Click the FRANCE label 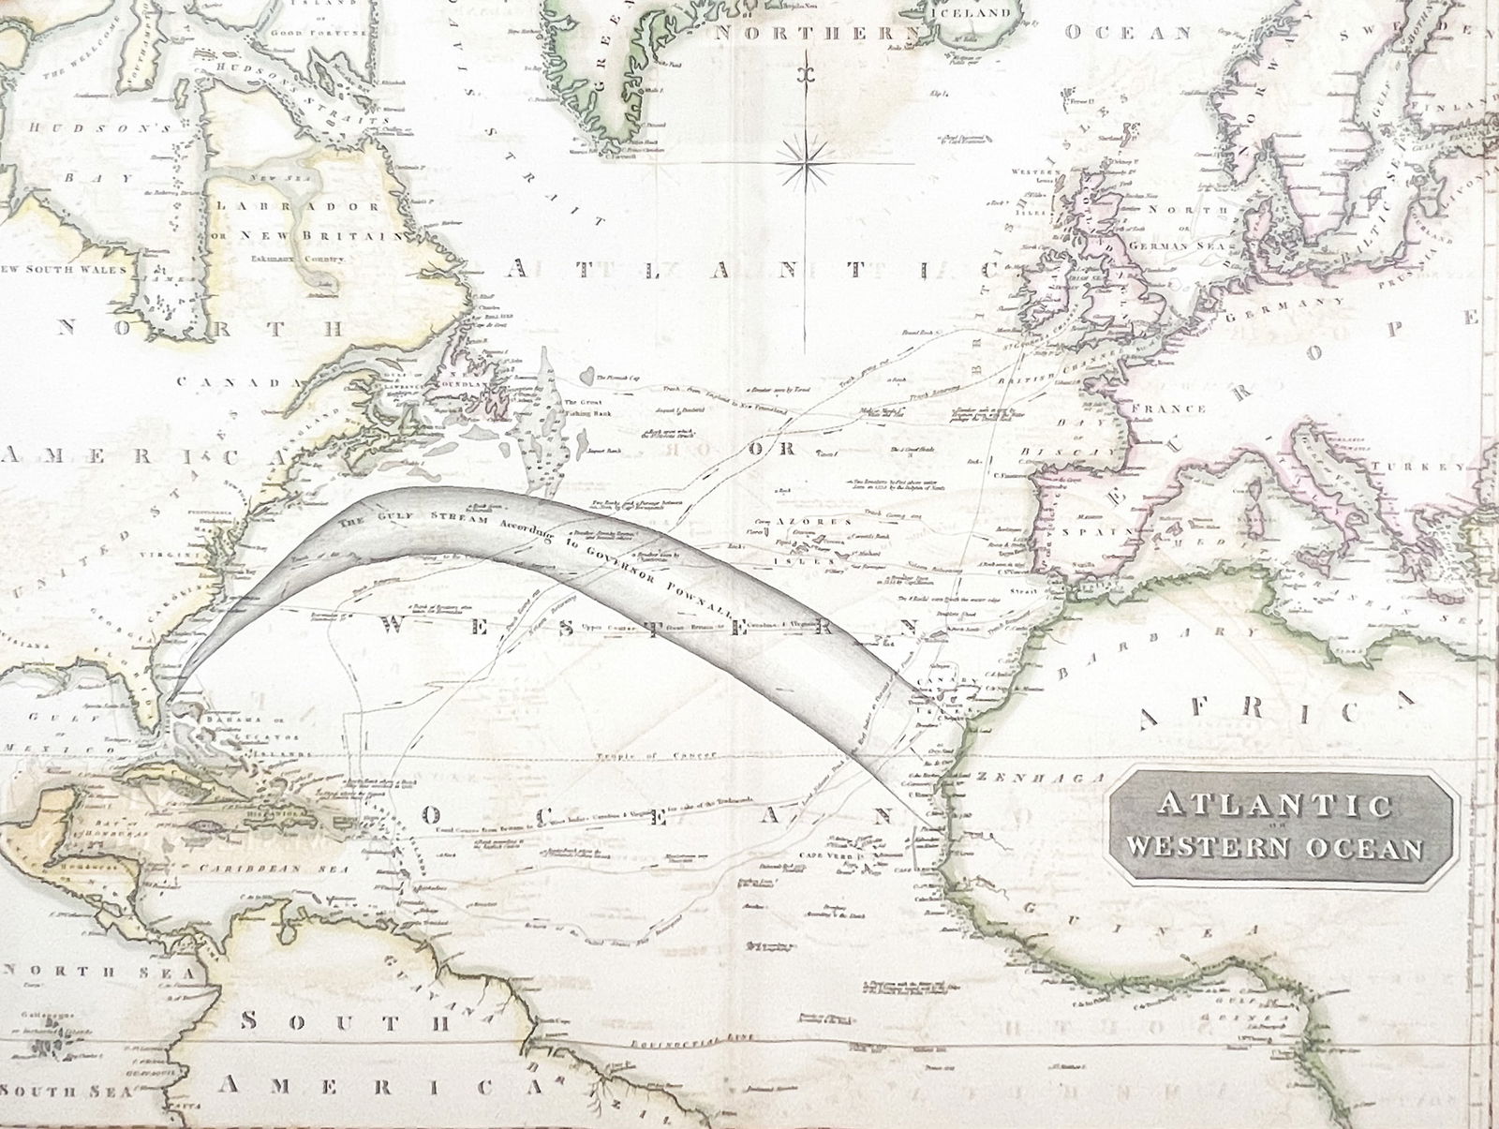tap(1168, 409)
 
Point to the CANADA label tap(229, 382)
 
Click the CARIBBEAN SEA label tap(274, 869)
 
